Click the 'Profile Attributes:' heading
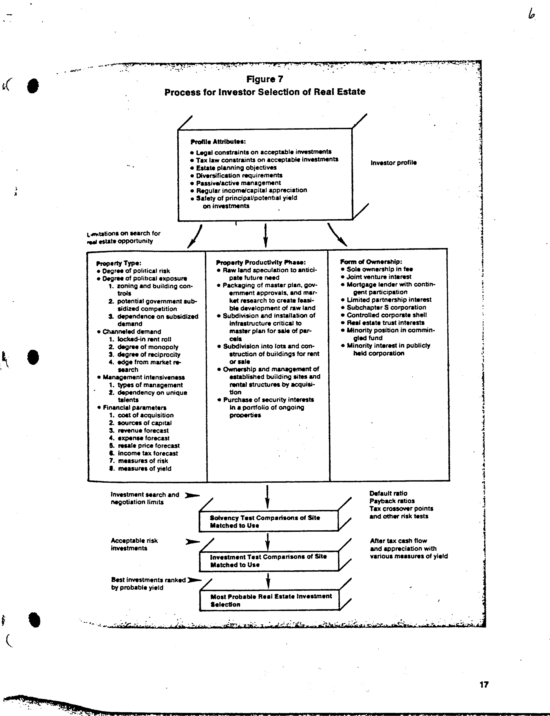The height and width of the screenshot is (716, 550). (x=218, y=142)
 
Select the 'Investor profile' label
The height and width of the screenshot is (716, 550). (x=394, y=163)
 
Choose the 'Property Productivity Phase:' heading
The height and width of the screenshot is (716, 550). (x=261, y=262)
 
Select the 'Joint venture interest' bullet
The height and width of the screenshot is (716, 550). (x=379, y=277)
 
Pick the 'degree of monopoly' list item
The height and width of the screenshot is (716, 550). (x=148, y=347)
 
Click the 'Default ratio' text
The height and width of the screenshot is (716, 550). (x=388, y=493)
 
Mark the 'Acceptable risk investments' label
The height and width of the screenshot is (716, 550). (x=134, y=544)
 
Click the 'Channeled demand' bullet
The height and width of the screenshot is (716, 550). (x=132, y=332)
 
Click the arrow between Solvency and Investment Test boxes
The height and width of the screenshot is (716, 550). (x=267, y=542)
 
